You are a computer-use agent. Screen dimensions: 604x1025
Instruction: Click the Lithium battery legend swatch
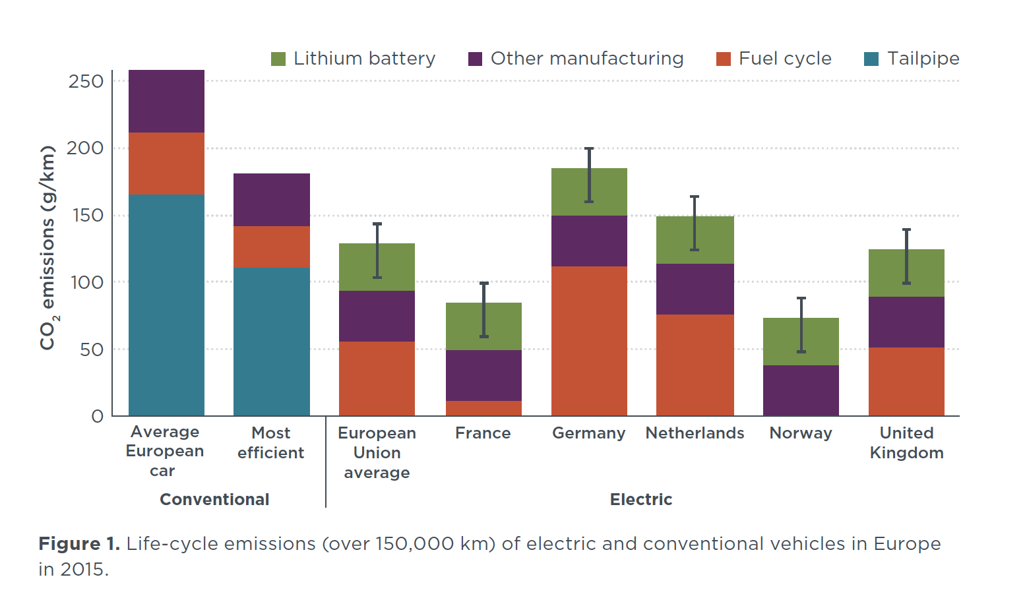(x=278, y=59)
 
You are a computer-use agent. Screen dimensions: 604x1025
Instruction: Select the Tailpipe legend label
(x=923, y=59)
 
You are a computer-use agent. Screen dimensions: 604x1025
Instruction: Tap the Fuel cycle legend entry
(x=784, y=59)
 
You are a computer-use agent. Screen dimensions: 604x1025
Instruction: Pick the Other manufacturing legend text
(x=586, y=59)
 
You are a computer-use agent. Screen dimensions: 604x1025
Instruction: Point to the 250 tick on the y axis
(x=86, y=81)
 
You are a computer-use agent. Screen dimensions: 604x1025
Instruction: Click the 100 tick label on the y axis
(x=86, y=282)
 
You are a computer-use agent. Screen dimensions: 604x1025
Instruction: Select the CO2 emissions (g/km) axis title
(x=48, y=247)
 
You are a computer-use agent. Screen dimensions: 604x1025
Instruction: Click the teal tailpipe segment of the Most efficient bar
(x=271, y=341)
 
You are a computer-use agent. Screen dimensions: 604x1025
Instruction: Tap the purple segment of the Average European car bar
(x=166, y=101)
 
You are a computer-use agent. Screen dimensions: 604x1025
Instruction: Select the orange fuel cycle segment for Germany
(x=589, y=340)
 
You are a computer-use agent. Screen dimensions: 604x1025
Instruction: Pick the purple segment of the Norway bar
(x=801, y=390)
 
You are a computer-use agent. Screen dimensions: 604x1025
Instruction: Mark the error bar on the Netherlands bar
(x=695, y=223)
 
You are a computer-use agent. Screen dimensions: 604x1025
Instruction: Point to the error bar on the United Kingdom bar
(x=906, y=256)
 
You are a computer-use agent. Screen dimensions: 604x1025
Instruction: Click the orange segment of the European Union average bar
(x=377, y=378)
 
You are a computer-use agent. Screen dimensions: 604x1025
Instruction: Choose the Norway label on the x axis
(x=801, y=433)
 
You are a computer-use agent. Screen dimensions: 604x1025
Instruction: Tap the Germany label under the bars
(x=588, y=433)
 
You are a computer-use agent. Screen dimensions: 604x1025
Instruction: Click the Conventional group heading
(x=214, y=500)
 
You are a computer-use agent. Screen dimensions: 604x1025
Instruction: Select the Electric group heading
(x=640, y=500)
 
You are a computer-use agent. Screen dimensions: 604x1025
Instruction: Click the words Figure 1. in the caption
(x=79, y=544)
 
